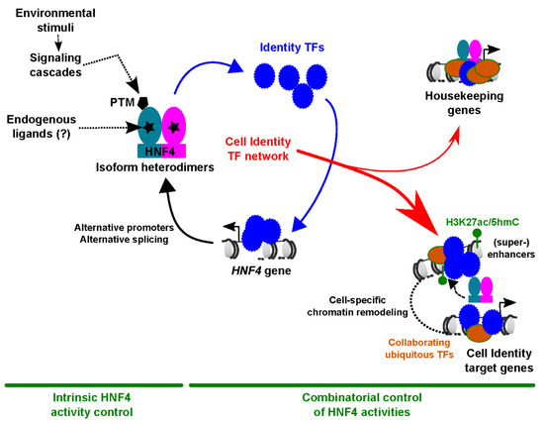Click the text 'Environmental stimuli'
pos(55,20)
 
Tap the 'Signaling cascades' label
pos(55,65)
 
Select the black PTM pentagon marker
pos(142,102)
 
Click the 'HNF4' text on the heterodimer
pos(160,152)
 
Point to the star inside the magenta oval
pos(174,128)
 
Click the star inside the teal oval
pos(149,127)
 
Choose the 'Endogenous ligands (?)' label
pos(42,127)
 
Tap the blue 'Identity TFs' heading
pos(292,48)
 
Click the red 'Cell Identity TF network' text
pos(258,149)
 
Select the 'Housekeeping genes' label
pos(464,103)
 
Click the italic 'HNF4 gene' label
pos(261,270)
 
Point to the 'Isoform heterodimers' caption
pos(154,167)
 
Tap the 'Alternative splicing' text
pos(125,240)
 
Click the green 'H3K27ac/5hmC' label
pos(483,222)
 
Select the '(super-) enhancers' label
pos(511,248)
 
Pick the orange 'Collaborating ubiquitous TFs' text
pos(419,349)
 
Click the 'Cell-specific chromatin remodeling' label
pos(357,306)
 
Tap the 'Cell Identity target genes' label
pos(499,361)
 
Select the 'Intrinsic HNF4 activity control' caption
pos(92,405)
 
